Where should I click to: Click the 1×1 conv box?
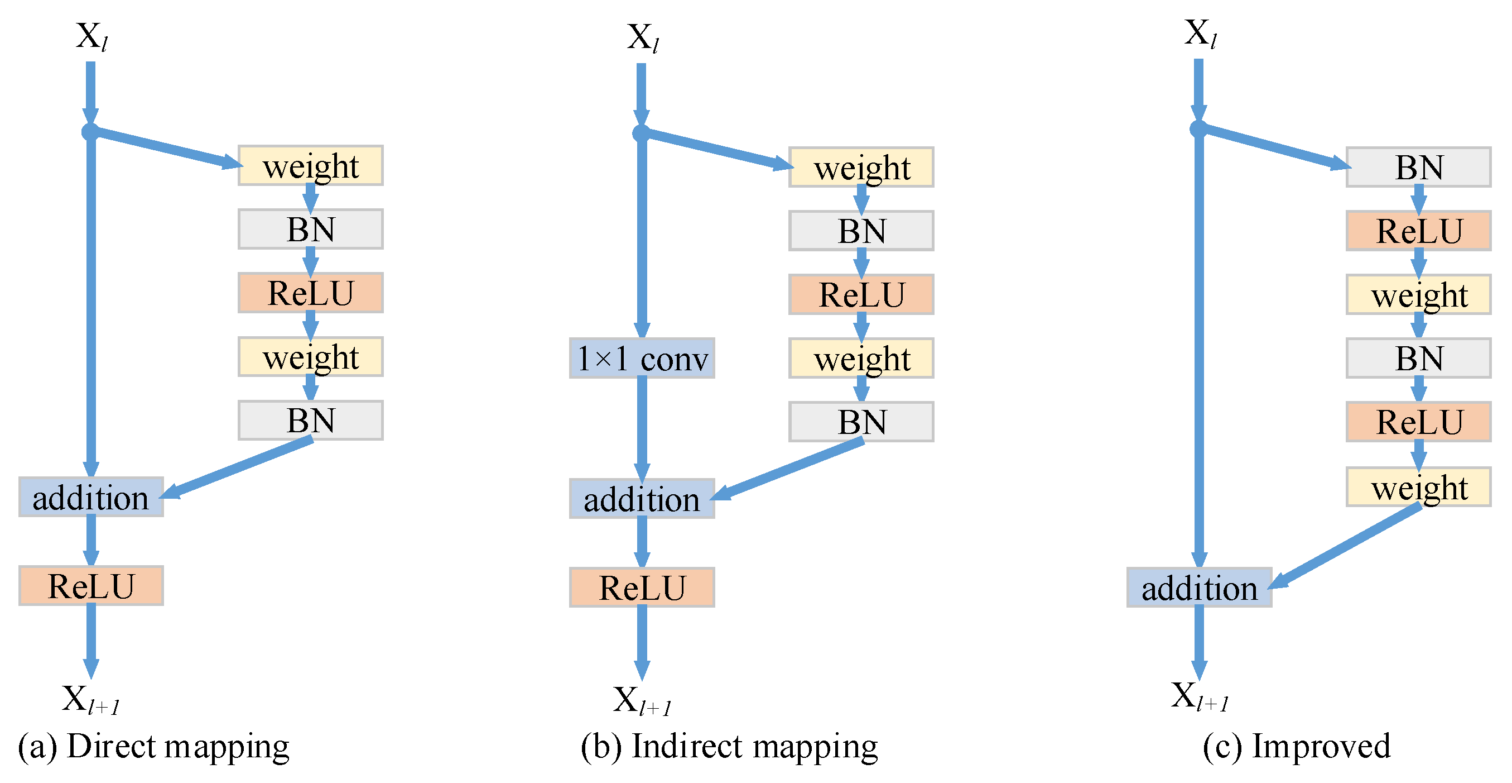click(642, 358)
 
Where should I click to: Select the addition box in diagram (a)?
click(91, 497)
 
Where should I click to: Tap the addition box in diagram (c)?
click(1198, 587)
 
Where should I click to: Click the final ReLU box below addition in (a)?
click(91, 586)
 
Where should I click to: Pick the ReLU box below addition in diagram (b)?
click(642, 587)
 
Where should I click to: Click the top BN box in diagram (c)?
click(1418, 167)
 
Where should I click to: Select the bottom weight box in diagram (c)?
click(1418, 486)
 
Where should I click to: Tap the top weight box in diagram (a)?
click(311, 166)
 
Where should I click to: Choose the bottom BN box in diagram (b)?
click(861, 421)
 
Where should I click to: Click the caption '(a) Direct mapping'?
click(154, 746)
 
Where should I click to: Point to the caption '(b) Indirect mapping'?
click(729, 746)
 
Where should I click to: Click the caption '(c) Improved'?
click(1296, 746)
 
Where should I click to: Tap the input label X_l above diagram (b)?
click(643, 37)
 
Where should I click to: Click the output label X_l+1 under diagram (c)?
click(1199, 696)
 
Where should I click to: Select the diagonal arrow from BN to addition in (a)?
click(238, 467)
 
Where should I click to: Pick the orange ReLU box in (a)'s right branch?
click(311, 293)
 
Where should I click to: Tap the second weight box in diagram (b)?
click(861, 358)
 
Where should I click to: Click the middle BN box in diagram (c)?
click(1418, 358)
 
